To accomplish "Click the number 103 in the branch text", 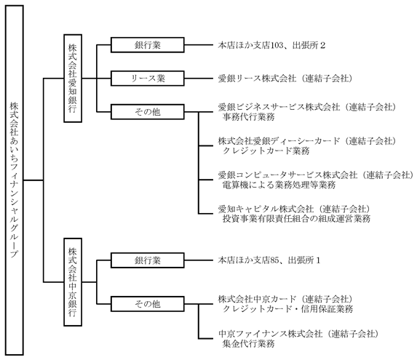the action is [x=277, y=45].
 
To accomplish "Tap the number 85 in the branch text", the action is [x=274, y=260].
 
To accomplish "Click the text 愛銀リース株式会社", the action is [x=257, y=79].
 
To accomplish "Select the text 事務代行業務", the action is [x=248, y=117].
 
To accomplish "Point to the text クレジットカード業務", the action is [x=266, y=151].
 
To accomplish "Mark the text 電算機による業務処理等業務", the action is [x=279, y=185].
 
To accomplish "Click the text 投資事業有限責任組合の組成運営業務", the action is [x=296, y=219].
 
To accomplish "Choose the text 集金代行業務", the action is [x=248, y=344].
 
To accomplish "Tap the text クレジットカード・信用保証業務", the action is [x=287, y=309].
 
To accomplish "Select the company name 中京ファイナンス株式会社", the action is [x=270, y=334].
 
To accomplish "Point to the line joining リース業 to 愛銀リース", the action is [x=199, y=79].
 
